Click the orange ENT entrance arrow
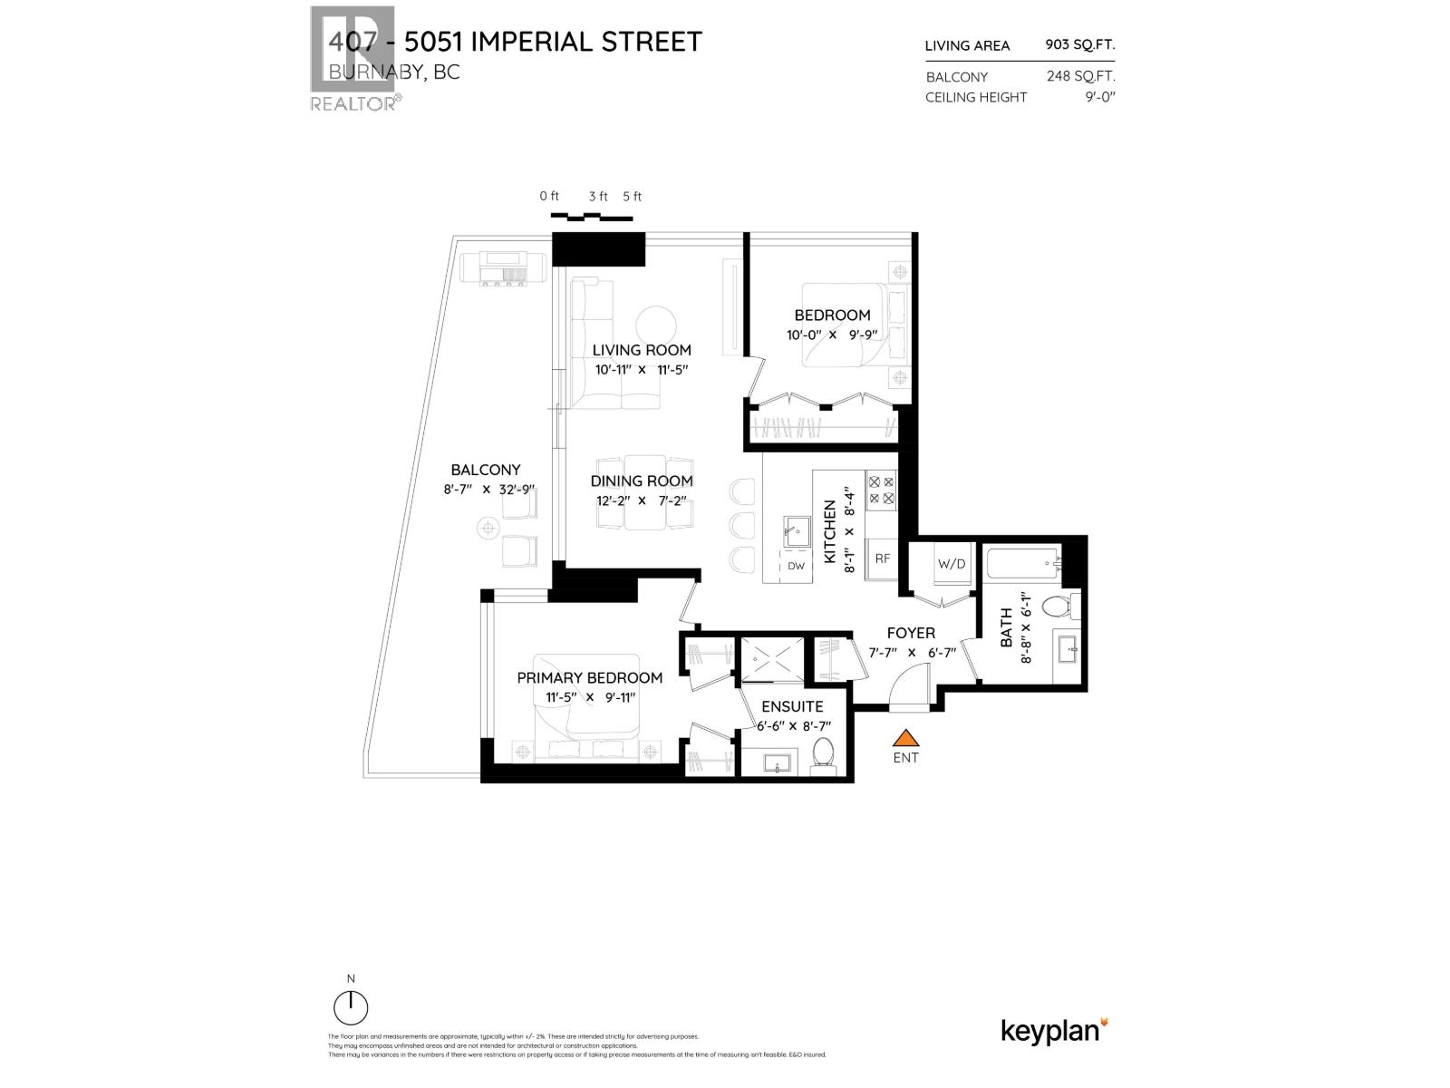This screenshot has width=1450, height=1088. click(905, 739)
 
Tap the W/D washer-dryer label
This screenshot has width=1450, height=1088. click(951, 564)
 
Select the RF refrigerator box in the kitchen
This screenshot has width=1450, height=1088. click(882, 559)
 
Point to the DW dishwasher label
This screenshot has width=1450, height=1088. click(796, 566)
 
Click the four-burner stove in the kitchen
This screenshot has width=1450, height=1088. click(882, 491)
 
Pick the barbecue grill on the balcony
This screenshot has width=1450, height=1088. click(503, 269)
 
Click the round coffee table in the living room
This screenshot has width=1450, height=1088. click(655, 326)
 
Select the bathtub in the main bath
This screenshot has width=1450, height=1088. click(1022, 566)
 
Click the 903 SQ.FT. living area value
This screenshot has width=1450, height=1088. click(1079, 44)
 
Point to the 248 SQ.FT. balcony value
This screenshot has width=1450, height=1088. click(1080, 76)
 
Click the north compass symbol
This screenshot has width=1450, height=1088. click(351, 1006)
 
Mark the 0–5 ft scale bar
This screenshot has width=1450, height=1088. click(591, 217)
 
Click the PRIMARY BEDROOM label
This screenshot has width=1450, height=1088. click(589, 677)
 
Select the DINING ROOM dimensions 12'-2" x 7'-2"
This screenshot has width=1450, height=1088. click(642, 500)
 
